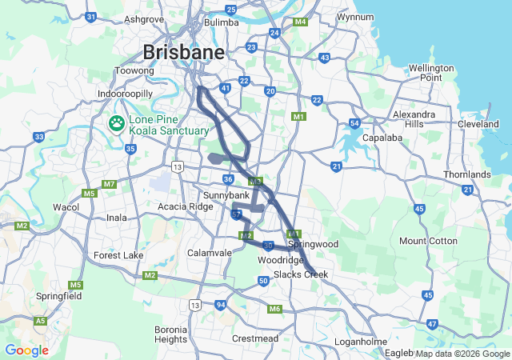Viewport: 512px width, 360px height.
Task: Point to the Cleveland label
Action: pos(478,124)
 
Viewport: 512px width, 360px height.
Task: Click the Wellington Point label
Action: pos(436,73)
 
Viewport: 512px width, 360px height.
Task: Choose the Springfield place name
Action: pos(59,295)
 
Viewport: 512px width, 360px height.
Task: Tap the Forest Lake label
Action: pos(118,255)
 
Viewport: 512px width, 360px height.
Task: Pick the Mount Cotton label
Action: pos(429,241)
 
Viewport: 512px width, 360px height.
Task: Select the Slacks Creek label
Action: pos(301,274)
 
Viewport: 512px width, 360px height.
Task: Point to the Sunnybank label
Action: pos(227,195)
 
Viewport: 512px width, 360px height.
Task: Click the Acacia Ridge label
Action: pos(186,206)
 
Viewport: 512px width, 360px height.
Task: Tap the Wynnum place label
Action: pos(355,16)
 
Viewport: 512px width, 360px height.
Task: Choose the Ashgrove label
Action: pos(144,18)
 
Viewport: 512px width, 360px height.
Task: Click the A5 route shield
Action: pos(40,321)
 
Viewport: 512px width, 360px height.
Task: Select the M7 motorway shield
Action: pos(109,184)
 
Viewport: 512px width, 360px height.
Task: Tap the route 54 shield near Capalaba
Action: pos(354,123)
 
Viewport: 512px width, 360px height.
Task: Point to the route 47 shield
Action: pos(432,324)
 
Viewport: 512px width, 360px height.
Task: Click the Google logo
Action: pos(26,350)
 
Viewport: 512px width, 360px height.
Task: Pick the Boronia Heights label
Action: pos(170,334)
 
